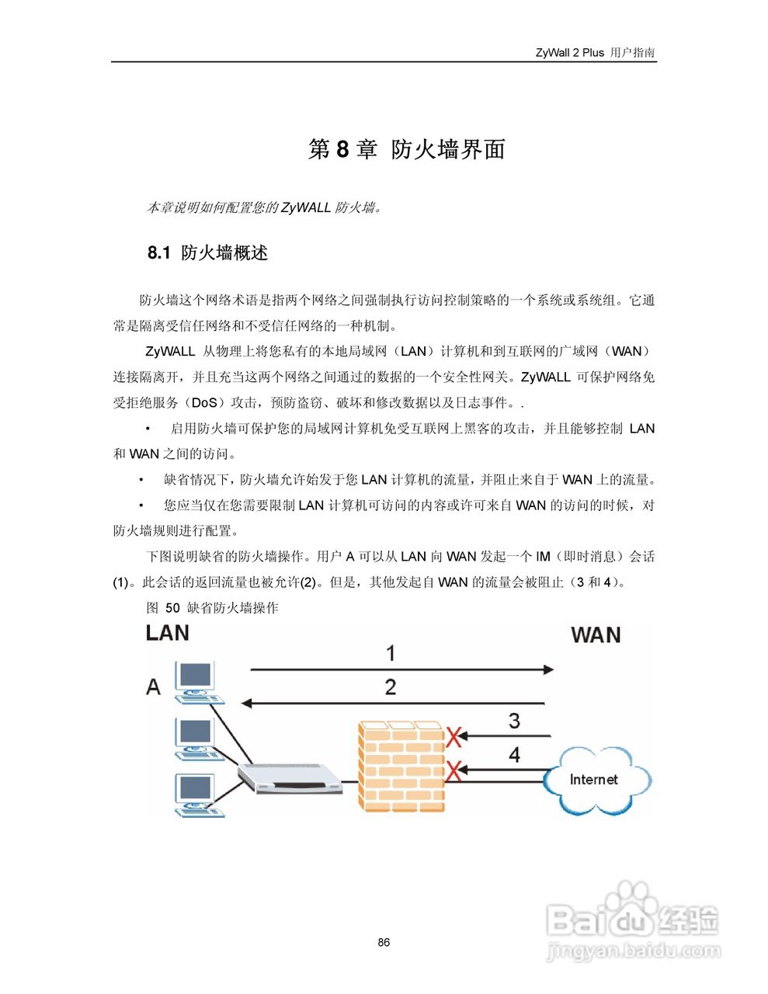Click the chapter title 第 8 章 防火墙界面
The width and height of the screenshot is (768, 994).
click(x=406, y=149)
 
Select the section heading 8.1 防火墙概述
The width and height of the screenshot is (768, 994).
click(x=207, y=252)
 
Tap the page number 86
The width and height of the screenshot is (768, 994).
click(x=384, y=943)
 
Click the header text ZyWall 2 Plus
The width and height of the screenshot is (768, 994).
click(x=569, y=53)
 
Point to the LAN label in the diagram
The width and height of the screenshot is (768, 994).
click(x=167, y=633)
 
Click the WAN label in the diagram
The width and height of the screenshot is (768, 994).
click(x=596, y=635)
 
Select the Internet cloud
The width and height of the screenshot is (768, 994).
click(x=594, y=779)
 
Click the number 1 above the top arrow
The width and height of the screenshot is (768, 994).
click(x=391, y=653)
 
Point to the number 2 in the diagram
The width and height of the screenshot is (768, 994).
click(x=391, y=686)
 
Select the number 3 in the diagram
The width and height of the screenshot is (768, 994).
click(x=514, y=721)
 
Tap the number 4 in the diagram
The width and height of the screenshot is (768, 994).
click(x=514, y=754)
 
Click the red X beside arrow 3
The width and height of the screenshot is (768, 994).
click(x=454, y=735)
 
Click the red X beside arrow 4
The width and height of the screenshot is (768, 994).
click(x=454, y=770)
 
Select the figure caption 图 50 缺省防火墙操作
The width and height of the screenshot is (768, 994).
click(x=212, y=607)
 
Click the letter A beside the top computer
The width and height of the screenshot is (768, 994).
click(x=154, y=686)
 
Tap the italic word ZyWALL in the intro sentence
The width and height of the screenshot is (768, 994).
click(x=306, y=207)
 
